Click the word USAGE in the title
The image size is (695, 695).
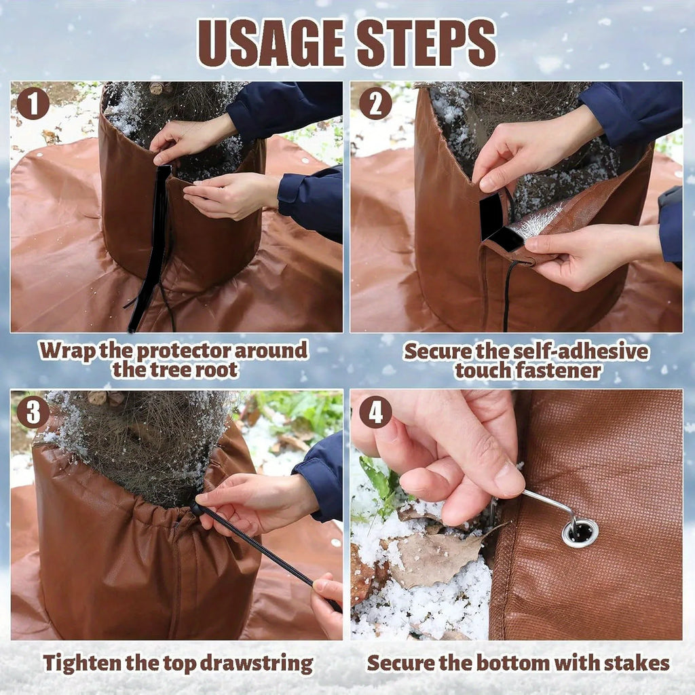[x=271, y=43]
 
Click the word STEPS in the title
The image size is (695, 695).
[x=426, y=43]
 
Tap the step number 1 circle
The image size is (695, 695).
[x=33, y=103]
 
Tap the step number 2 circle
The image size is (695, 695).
[x=375, y=103]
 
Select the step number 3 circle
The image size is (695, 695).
[x=33, y=412]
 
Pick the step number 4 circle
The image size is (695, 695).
[x=375, y=412]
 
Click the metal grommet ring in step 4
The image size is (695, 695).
[x=580, y=533]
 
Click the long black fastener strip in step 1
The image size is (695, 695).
[x=151, y=248]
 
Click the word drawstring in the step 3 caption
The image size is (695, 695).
[x=256, y=664]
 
